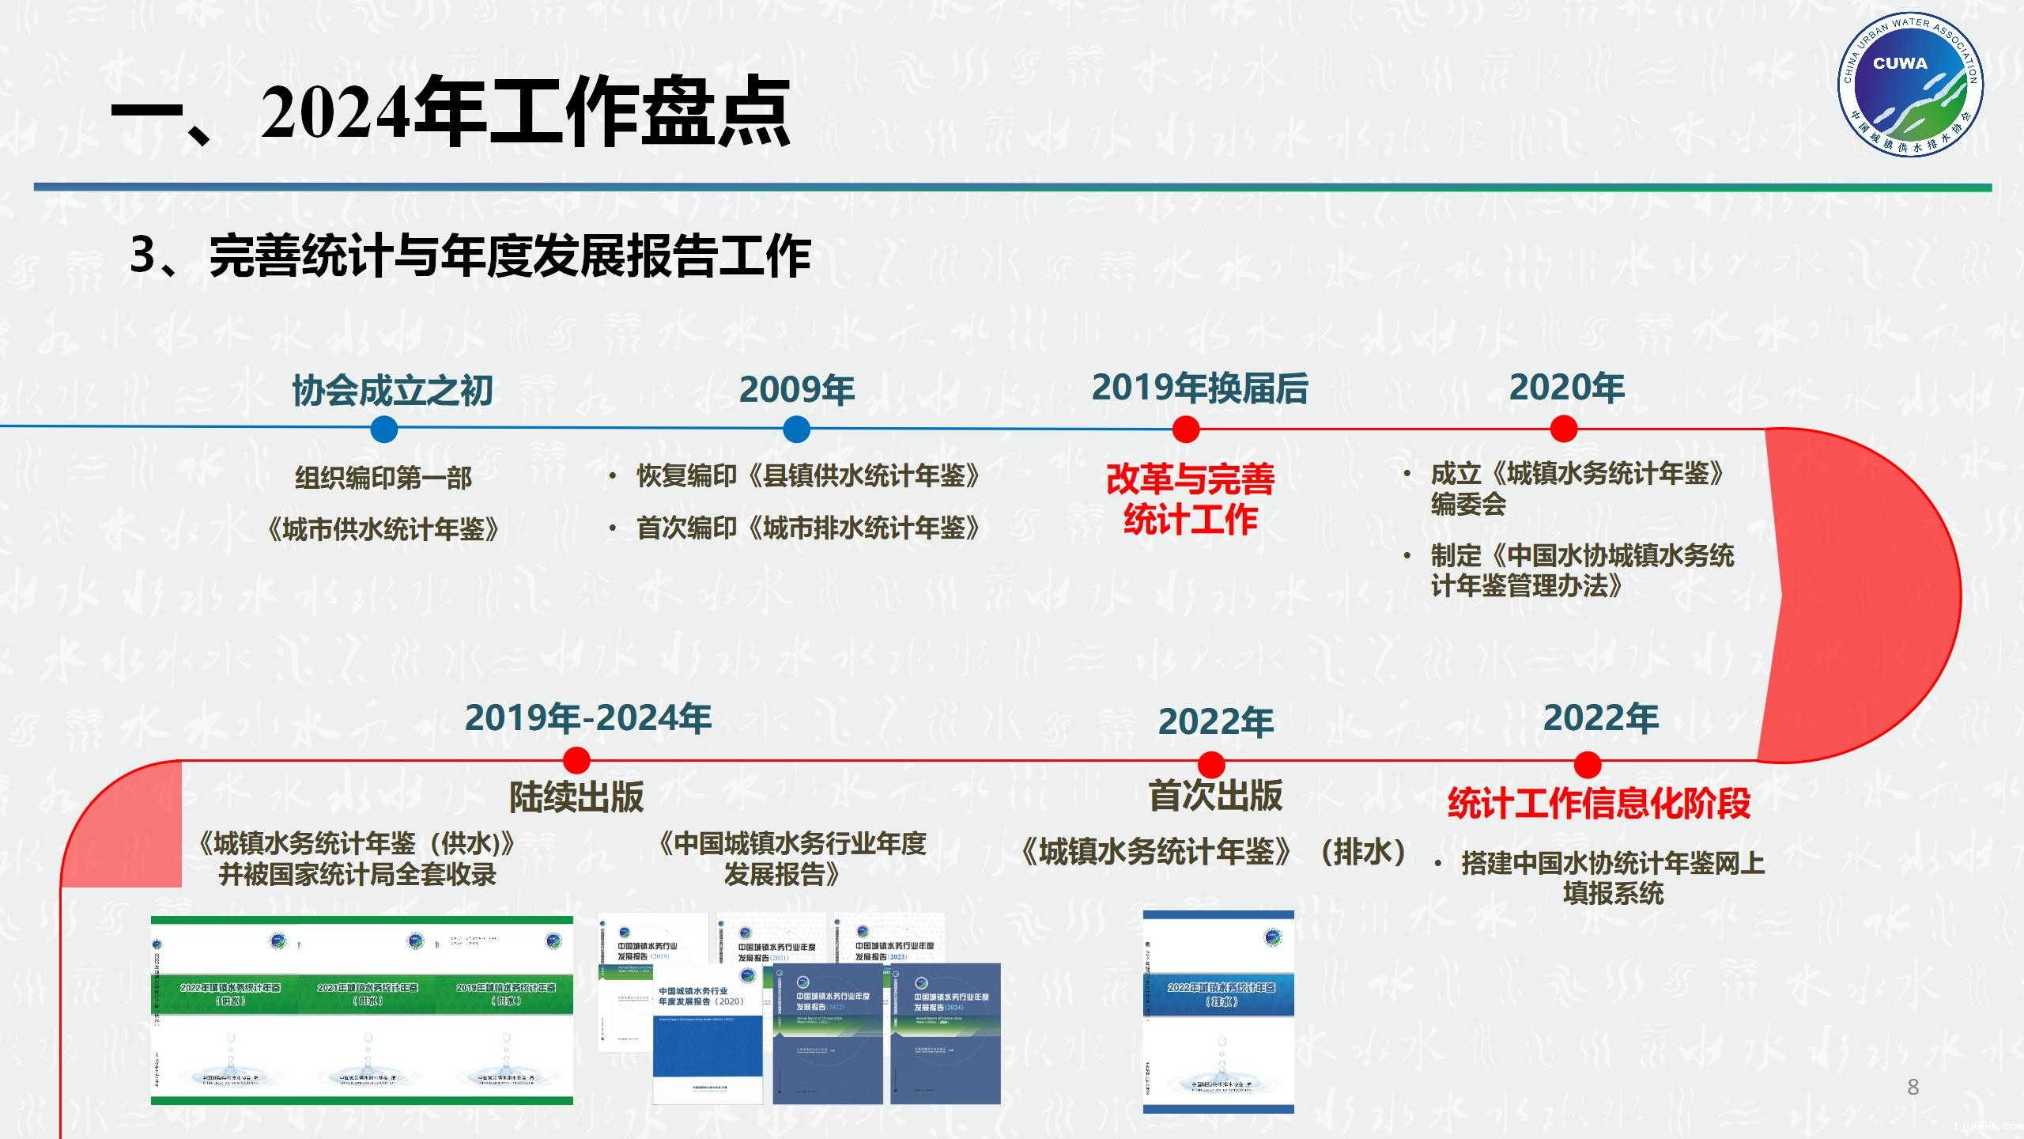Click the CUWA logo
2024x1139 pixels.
point(1909,85)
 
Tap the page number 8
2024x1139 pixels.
point(1913,1087)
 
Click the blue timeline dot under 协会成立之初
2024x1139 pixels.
point(383,429)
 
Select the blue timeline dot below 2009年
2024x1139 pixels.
point(796,429)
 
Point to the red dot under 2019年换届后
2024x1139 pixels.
point(1185,429)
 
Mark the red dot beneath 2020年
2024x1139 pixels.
point(1563,429)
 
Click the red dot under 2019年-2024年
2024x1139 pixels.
point(576,760)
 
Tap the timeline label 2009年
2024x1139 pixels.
point(796,389)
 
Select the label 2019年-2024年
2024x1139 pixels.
point(587,718)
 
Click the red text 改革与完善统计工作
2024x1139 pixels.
point(1190,499)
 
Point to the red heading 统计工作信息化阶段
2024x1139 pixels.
point(1599,804)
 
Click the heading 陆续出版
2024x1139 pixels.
point(576,797)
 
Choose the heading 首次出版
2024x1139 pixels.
point(1215,795)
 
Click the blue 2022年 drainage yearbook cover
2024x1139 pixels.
point(1218,1012)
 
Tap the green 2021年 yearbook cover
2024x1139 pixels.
point(368,1010)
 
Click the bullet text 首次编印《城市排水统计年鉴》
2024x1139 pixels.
point(807,528)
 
